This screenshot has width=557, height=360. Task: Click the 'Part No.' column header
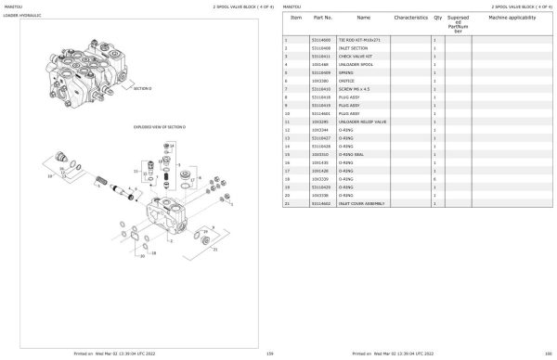(323, 18)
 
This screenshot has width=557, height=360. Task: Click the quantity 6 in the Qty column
(435, 178)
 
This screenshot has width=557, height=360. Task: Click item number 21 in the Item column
(287, 203)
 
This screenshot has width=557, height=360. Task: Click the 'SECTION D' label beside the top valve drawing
(141, 88)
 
